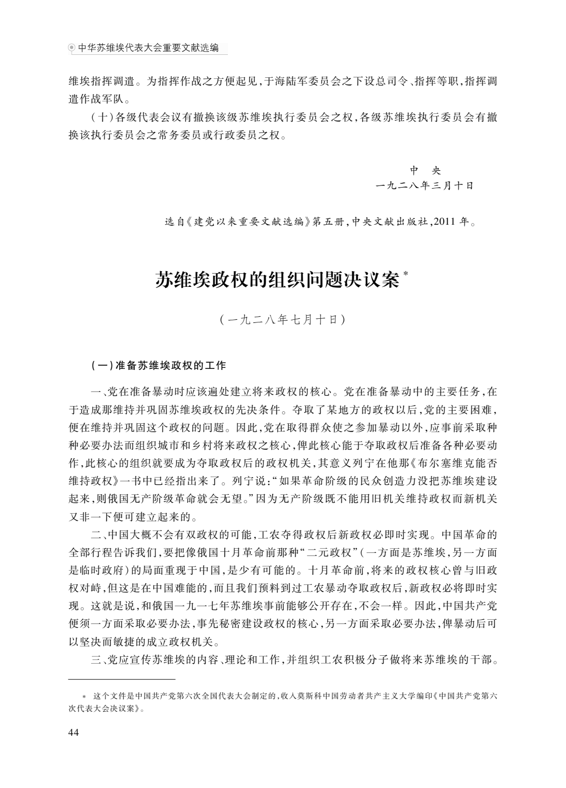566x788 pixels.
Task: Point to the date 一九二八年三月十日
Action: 424,186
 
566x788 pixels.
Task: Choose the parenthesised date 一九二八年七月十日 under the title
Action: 282,319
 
